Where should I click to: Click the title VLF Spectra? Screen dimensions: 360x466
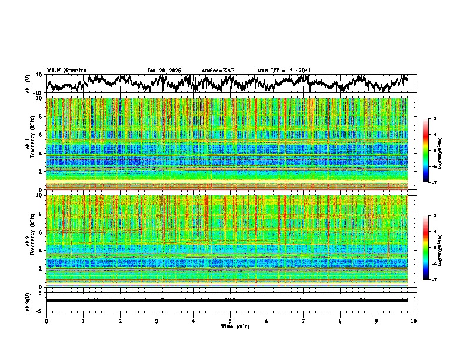click(x=66, y=70)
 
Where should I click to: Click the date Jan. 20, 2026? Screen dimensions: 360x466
click(x=164, y=71)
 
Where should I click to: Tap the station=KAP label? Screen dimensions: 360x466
click(x=218, y=71)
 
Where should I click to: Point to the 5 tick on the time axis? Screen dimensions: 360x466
click(x=231, y=321)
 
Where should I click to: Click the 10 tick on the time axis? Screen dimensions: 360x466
click(x=414, y=321)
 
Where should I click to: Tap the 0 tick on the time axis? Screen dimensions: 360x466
click(x=46, y=321)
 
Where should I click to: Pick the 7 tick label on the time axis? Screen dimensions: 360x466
click(x=304, y=321)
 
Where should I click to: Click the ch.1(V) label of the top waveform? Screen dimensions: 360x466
click(x=28, y=84)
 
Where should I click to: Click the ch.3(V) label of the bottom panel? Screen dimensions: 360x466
click(x=28, y=301)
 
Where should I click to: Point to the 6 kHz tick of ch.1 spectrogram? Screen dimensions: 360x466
click(x=40, y=135)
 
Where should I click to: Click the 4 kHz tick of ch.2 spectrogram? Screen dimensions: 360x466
click(x=40, y=250)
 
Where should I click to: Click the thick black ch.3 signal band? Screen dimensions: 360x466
click(x=229, y=301)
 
